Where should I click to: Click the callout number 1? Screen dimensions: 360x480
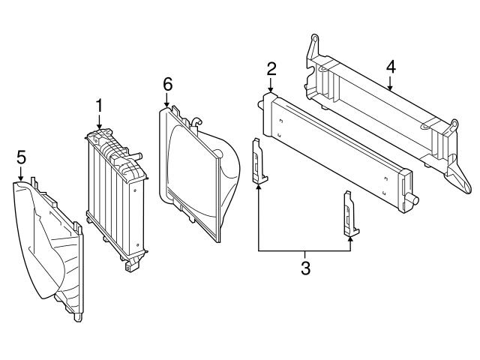(99, 106)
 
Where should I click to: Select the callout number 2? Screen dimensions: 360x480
(271, 70)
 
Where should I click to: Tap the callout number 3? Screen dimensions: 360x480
(304, 268)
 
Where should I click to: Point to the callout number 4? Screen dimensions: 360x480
(390, 67)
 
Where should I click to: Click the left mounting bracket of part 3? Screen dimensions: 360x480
(258, 162)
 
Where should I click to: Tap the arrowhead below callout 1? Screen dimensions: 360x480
(99, 129)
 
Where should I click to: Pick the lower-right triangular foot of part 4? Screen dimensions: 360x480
(457, 183)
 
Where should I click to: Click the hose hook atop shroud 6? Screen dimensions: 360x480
(196, 121)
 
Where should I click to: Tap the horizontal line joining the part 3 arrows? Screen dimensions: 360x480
(304, 250)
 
